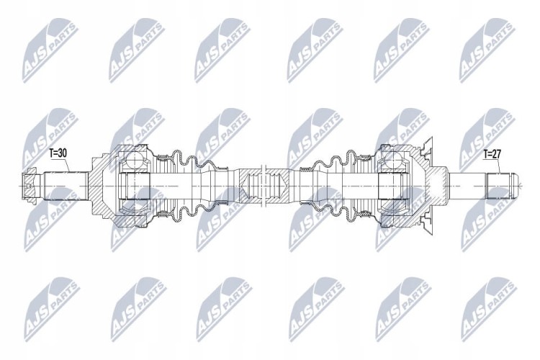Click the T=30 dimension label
(x=58, y=153)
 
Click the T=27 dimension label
(x=492, y=154)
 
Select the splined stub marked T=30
(x=66, y=186)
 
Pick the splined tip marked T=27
(x=501, y=186)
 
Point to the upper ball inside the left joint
(x=135, y=161)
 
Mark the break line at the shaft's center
(x=264, y=186)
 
